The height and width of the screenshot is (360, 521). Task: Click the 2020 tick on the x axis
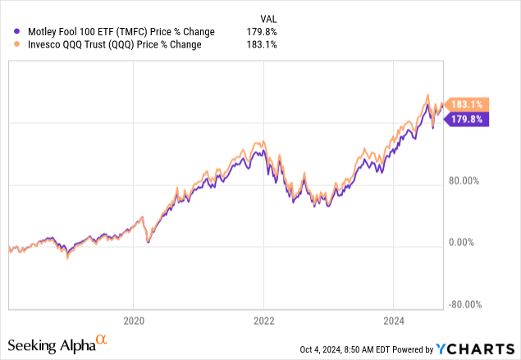click(133, 321)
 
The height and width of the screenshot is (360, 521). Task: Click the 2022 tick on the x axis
click(263, 321)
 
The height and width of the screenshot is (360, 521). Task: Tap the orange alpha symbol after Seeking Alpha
click(102, 339)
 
